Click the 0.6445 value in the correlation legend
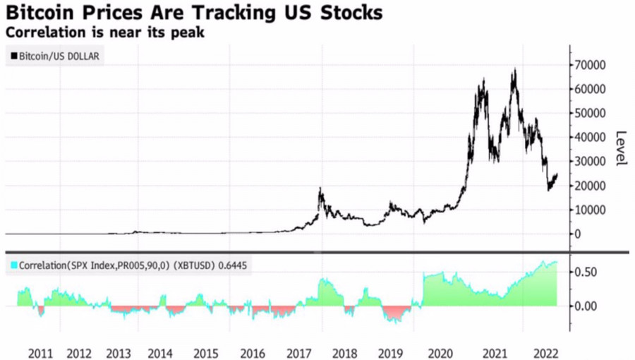[236, 265]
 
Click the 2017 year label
[300, 352]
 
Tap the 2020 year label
[439, 352]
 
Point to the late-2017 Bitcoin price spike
[320, 190]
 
